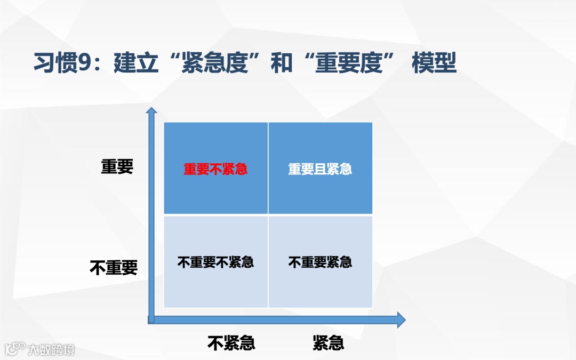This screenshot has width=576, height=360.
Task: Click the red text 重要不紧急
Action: (x=215, y=169)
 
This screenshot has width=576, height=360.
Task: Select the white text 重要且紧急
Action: (x=320, y=169)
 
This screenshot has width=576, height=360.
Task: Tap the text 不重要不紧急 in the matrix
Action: (x=215, y=262)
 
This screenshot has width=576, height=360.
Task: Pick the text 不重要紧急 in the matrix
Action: (x=320, y=262)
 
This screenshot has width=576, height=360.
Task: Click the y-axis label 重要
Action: (x=117, y=166)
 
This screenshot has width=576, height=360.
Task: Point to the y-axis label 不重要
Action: (x=113, y=267)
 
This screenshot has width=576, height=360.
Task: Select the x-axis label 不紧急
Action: (x=231, y=342)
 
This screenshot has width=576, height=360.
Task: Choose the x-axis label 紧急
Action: (x=328, y=342)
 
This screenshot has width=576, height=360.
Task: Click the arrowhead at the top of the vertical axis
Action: (x=152, y=111)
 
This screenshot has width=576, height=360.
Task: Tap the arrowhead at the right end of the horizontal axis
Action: (x=400, y=319)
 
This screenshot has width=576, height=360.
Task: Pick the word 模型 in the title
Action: (x=434, y=63)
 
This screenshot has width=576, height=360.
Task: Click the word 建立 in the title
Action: (x=136, y=63)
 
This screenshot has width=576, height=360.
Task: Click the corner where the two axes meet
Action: (x=151, y=319)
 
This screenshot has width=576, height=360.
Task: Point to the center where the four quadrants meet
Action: (x=268, y=215)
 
